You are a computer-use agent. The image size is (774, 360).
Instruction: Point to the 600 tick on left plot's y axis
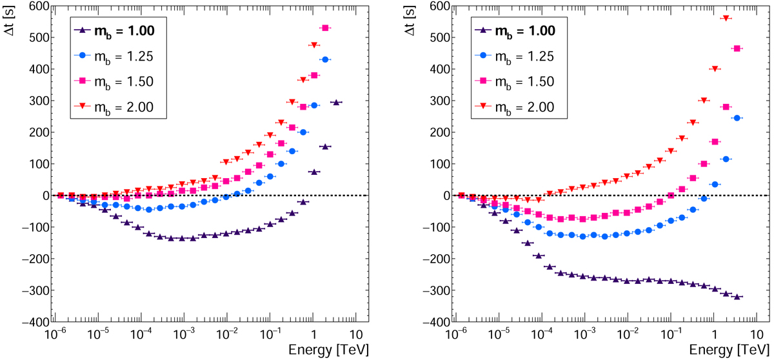click(x=32, y=6)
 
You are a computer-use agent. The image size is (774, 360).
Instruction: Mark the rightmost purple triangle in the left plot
click(x=337, y=103)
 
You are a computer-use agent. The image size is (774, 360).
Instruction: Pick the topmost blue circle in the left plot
click(x=326, y=59)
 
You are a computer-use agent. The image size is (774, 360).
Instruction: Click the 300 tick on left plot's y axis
click(x=32, y=101)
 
